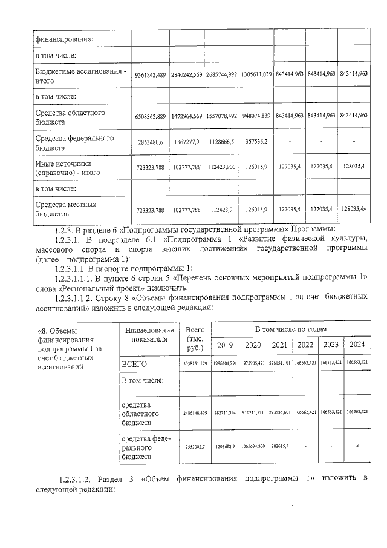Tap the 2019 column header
point(225,345)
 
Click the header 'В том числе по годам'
point(291,328)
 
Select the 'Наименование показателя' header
point(145,334)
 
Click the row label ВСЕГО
point(135,363)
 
